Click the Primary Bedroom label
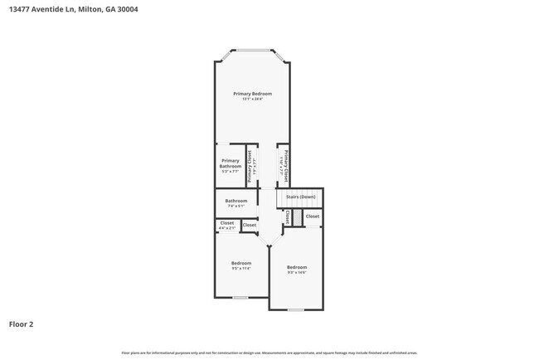[x=252, y=94]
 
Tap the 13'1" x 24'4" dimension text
[x=252, y=100]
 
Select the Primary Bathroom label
[x=230, y=163]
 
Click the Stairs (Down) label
[x=300, y=197]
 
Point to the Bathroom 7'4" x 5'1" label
[x=236, y=202]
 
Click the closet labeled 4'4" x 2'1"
[x=226, y=224]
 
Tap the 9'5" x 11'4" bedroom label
[x=240, y=265]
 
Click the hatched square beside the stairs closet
[x=296, y=216]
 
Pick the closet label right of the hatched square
[x=313, y=216]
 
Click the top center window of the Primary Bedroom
[x=252, y=51]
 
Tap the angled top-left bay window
[x=224, y=56]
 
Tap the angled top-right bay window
[x=280, y=56]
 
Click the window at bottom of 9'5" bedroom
[x=240, y=298]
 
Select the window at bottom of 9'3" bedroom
[x=294, y=310]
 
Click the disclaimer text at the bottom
[x=269, y=353]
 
